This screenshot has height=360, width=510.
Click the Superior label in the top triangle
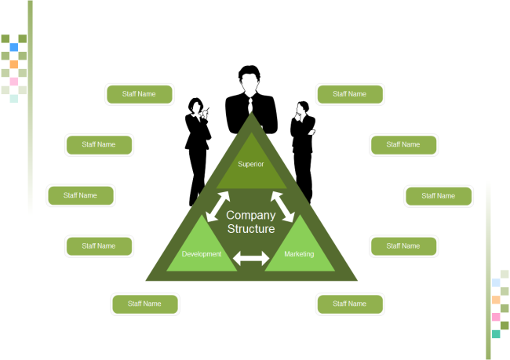tap(250, 164)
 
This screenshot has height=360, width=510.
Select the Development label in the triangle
tap(202, 254)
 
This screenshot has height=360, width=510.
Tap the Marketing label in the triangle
tap(299, 254)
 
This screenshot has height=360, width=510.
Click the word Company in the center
tap(251, 215)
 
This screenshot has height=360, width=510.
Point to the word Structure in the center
tap(251, 229)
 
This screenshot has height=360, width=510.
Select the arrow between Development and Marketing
tap(251, 256)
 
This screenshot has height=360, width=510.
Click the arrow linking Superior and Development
tap(217, 205)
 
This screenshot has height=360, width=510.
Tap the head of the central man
tap(250, 78)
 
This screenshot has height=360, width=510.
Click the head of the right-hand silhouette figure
tap(301, 108)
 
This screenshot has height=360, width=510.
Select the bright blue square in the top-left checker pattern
tap(14, 47)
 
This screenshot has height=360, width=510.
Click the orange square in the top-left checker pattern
tap(14, 64)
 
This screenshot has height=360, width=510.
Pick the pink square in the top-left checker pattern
tap(14, 82)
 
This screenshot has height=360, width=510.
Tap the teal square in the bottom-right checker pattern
tap(496, 334)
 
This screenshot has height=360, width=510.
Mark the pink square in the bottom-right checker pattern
tap(496, 317)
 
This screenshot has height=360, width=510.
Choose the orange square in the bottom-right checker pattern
tap(496, 300)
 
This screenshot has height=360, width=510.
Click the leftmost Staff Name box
tap(81, 195)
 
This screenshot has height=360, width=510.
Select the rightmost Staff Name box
tap(439, 196)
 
